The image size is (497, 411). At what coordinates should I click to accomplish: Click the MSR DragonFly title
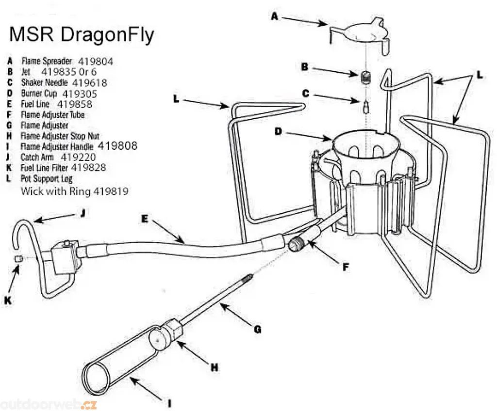click(82, 35)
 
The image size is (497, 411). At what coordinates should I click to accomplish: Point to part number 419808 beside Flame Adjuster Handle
click(117, 145)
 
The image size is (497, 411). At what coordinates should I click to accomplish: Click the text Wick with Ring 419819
click(74, 191)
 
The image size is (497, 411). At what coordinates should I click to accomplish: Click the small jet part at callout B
click(365, 77)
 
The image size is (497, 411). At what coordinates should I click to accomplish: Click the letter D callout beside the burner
click(278, 131)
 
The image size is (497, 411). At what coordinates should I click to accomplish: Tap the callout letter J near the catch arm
click(82, 212)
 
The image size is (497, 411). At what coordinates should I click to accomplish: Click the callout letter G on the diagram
click(257, 330)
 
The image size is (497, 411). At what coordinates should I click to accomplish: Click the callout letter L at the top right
click(480, 75)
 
